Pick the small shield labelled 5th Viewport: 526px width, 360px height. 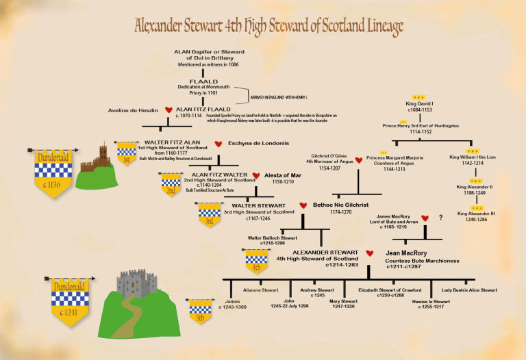click(199, 311)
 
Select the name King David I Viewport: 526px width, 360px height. click(418, 104)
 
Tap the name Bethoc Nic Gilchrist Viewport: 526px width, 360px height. click(341, 205)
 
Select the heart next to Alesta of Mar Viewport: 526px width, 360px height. click(256, 176)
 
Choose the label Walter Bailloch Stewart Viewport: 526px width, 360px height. click(273, 238)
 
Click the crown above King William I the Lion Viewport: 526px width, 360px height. click(472, 151)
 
